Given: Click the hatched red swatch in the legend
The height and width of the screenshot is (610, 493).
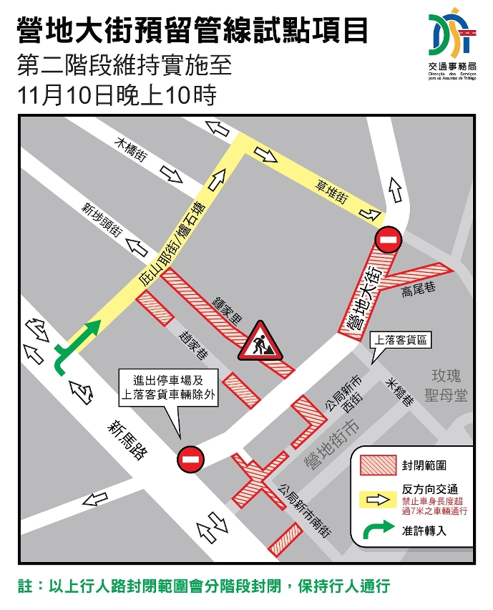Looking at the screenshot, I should click(x=378, y=465).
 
